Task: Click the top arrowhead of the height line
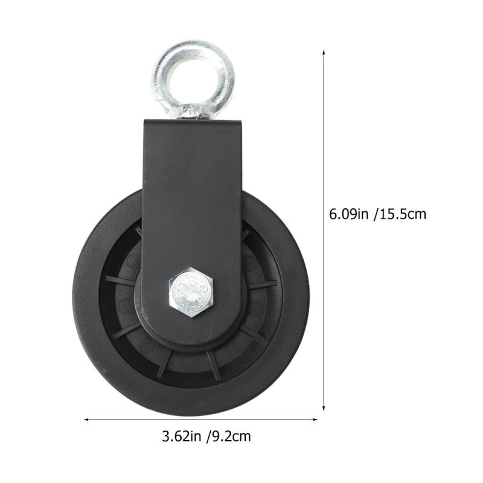[x=324, y=53]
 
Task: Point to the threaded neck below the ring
[x=192, y=113]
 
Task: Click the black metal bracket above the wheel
[x=192, y=181]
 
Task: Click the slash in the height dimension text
[x=377, y=214]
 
